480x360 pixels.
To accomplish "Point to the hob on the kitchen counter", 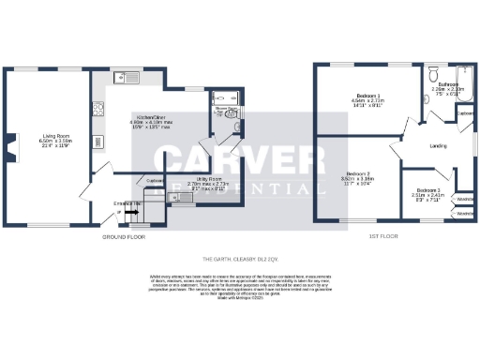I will [x=98, y=108].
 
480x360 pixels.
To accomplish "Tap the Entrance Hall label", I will [x=127, y=202].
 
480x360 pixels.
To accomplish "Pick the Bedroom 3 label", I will [x=427, y=190].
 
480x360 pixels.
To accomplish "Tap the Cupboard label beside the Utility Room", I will [x=156, y=180].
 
